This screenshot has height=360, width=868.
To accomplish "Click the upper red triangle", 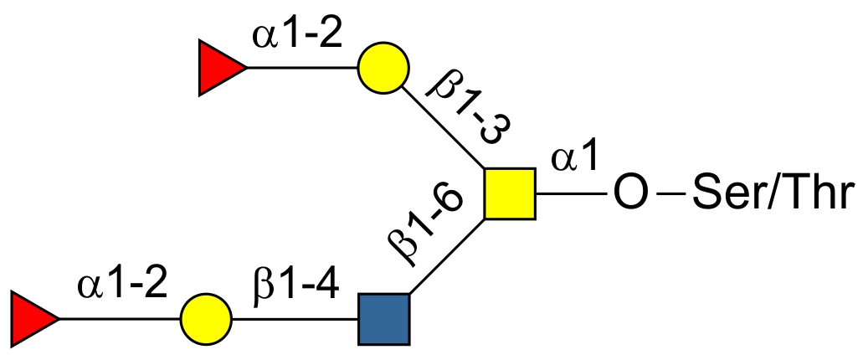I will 219,69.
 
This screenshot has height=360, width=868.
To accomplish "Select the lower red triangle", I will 32,319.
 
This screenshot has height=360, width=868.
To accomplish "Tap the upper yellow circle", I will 383,69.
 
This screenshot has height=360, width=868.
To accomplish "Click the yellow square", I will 510,194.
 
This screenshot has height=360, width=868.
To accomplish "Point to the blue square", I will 383,319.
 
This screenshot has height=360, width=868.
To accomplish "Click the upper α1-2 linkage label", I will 295,38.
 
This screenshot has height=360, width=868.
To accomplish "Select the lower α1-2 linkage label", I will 123,285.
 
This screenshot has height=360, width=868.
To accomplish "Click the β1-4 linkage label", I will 295,285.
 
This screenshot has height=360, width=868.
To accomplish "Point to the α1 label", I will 575,157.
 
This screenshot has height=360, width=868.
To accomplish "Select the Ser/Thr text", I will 770,194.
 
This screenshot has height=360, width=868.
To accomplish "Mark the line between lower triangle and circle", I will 120,319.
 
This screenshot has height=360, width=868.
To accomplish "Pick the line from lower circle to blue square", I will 294,319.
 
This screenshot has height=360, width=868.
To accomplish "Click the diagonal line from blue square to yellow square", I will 446,257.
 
